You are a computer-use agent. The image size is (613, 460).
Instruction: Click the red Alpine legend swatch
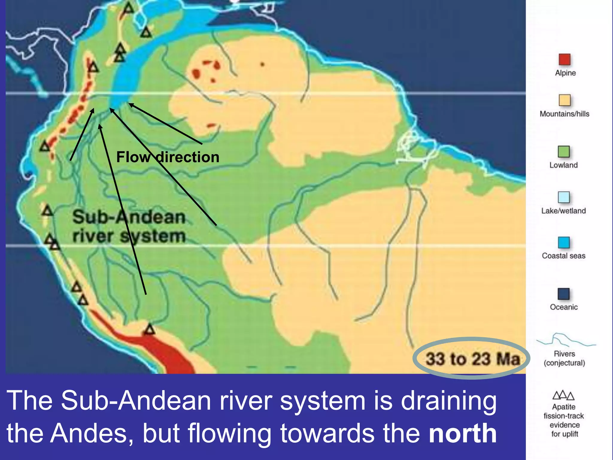564,59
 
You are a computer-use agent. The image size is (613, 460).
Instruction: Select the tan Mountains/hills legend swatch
564,100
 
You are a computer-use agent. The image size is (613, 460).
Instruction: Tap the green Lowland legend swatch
564,152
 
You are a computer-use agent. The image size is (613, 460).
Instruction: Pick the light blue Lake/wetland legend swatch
564,197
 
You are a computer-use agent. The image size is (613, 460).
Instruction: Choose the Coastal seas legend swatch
564,242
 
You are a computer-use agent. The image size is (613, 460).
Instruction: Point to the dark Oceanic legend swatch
564,294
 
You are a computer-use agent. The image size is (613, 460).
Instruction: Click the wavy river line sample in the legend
565,340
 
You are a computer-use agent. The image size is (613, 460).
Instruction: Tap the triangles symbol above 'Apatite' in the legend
563,395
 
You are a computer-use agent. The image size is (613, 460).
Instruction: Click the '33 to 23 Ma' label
473,359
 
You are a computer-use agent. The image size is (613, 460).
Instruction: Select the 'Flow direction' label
168,157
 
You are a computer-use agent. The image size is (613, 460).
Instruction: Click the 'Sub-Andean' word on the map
129,217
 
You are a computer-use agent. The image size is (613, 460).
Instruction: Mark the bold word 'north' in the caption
463,433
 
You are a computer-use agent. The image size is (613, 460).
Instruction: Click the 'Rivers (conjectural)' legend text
564,358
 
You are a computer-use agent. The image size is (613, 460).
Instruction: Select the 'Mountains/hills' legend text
564,114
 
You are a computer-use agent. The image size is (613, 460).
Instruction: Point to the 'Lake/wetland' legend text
564,211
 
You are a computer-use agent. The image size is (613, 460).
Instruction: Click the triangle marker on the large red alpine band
149,330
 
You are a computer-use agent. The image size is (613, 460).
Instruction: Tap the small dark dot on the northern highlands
262,64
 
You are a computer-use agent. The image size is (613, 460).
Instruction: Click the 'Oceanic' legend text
564,307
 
